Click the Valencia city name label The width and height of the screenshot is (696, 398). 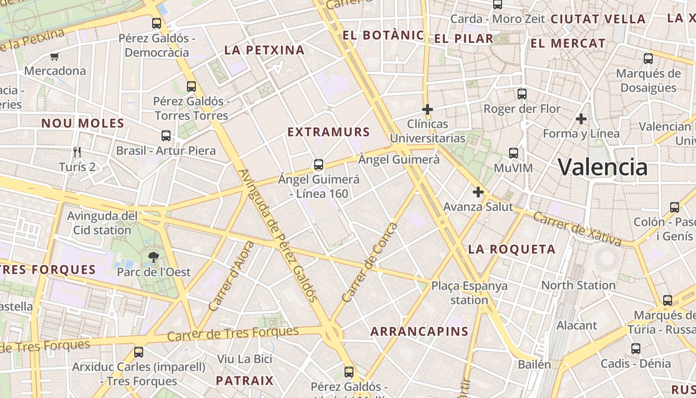pyautogui.click(x=603, y=167)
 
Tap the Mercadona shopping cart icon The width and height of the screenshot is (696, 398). pyautogui.click(x=54, y=57)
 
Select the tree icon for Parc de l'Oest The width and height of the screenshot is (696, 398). pyautogui.click(x=154, y=257)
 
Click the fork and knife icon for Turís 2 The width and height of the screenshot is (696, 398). pyautogui.click(x=77, y=152)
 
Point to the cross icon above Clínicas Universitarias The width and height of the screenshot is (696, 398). pyautogui.click(x=427, y=109)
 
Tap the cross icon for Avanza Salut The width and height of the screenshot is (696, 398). pyautogui.click(x=478, y=192)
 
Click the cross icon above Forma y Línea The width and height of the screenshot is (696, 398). pyautogui.click(x=581, y=119)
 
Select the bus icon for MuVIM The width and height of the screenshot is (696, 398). pyautogui.click(x=514, y=153)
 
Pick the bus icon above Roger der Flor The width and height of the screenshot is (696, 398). pyautogui.click(x=522, y=94)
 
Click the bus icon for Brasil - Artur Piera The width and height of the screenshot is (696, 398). pyautogui.click(x=166, y=135)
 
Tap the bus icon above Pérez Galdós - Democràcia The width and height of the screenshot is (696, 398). pyautogui.click(x=157, y=23)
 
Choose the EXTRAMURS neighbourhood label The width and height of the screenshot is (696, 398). pyautogui.click(x=329, y=132)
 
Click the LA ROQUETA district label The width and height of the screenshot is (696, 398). pyautogui.click(x=512, y=249)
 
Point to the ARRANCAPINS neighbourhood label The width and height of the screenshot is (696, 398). pyautogui.click(x=419, y=331)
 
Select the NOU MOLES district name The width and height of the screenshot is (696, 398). pyautogui.click(x=83, y=123)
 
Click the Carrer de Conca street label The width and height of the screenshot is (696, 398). pyautogui.click(x=370, y=263)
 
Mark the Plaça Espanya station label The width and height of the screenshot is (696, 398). pyautogui.click(x=469, y=293)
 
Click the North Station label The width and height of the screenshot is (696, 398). pyautogui.click(x=578, y=285)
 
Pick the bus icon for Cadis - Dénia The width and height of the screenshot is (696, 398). pyautogui.click(x=636, y=348)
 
